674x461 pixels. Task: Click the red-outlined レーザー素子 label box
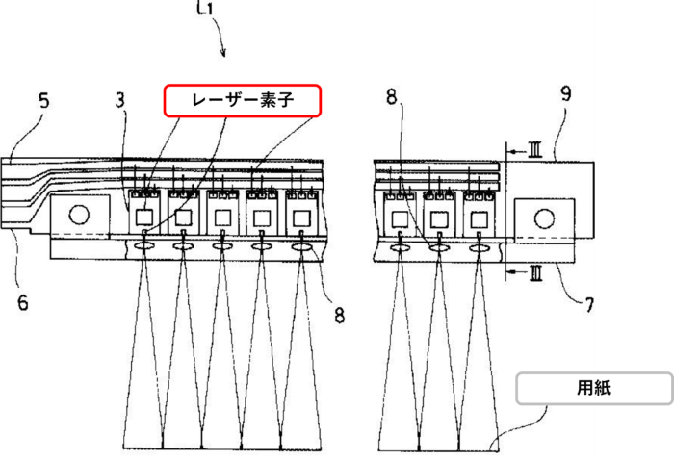[x=243, y=100]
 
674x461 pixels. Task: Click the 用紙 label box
[x=594, y=389]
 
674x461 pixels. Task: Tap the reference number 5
[x=44, y=101]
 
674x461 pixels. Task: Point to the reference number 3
[x=120, y=100]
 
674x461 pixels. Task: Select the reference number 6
[x=23, y=302]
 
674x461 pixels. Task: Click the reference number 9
[x=566, y=93]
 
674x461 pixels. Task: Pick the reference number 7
[x=589, y=305]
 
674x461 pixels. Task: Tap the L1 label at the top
[x=205, y=8]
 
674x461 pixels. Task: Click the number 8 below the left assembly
[x=340, y=316]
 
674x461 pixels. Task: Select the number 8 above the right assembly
[x=391, y=96]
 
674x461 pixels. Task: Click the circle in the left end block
[x=79, y=215]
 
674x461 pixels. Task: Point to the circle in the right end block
[x=544, y=218]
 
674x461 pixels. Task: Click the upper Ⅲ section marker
[x=534, y=150]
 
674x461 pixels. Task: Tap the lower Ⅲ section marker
[x=535, y=272]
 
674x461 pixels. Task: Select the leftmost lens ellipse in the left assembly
[x=144, y=246]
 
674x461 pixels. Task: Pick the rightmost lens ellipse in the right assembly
[x=479, y=248]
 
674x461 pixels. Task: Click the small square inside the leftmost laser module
[x=144, y=217]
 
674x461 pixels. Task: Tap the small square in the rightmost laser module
[x=479, y=220]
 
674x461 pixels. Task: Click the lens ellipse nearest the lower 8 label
[x=301, y=246]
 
